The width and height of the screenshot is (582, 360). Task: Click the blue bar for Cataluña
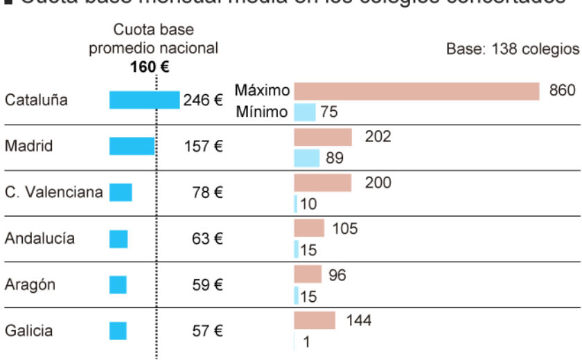click(x=144, y=100)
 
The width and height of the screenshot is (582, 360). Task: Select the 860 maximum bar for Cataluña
click(x=416, y=91)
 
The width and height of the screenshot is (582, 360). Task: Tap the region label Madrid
click(x=29, y=146)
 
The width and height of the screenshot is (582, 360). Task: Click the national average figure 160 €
click(x=149, y=67)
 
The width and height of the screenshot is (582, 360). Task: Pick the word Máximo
click(x=262, y=91)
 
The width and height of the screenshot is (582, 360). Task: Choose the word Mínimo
click(x=262, y=111)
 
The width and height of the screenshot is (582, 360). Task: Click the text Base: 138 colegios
click(x=512, y=50)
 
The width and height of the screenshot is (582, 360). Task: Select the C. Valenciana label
click(x=54, y=192)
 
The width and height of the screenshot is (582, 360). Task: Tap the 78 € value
click(x=207, y=193)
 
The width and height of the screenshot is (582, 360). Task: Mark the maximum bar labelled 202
click(x=323, y=137)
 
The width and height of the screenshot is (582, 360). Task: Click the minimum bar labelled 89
click(x=306, y=159)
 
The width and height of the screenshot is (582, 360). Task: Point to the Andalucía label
click(x=39, y=239)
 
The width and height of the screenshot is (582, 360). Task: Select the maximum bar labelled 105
click(x=309, y=228)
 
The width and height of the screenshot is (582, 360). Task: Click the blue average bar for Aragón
click(x=118, y=285)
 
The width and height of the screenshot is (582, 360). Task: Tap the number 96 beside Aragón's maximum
click(x=337, y=275)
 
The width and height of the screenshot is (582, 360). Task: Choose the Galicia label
click(x=28, y=331)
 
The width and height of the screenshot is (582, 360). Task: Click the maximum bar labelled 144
click(x=315, y=321)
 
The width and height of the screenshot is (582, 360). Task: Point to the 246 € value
click(x=203, y=100)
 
